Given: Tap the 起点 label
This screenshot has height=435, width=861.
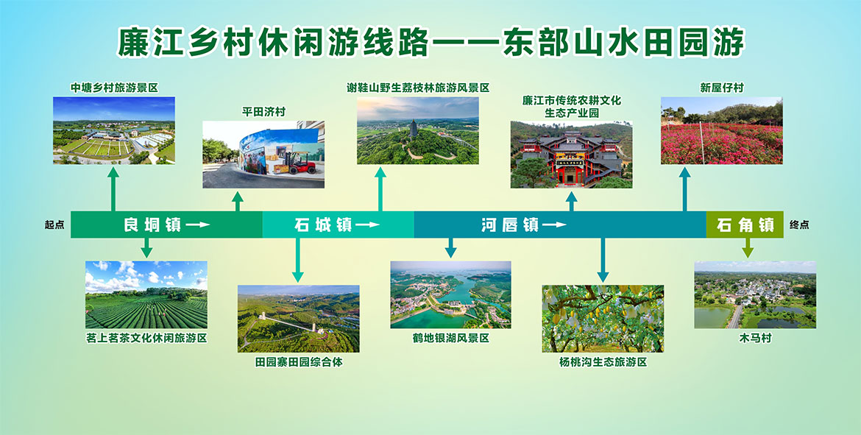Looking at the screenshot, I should pyautogui.click(x=54, y=224).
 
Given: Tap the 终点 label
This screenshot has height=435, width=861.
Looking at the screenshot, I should pyautogui.click(x=799, y=224).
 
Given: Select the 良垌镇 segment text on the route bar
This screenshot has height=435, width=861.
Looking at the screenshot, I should pyautogui.click(x=152, y=224).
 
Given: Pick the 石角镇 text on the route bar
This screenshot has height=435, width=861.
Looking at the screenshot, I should pyautogui.click(x=745, y=224).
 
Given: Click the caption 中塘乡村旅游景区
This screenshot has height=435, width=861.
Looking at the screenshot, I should pyautogui.click(x=114, y=88).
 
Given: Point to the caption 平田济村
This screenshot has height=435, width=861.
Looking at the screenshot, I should pyautogui.click(x=263, y=112).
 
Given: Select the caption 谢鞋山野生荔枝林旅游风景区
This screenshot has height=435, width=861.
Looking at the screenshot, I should pyautogui.click(x=418, y=88).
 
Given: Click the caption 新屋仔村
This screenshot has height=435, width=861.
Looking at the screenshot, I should pyautogui.click(x=721, y=88).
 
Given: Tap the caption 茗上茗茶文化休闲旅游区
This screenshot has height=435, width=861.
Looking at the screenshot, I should pyautogui.click(x=146, y=338).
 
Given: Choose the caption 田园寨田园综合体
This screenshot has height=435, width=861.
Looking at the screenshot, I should pyautogui.click(x=298, y=361).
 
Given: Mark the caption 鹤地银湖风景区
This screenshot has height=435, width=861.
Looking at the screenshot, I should pyautogui.click(x=450, y=338).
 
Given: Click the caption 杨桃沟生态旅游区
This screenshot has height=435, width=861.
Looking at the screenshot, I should pyautogui.click(x=603, y=361).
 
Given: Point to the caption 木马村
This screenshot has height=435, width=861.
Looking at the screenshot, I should pyautogui.click(x=754, y=339).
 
